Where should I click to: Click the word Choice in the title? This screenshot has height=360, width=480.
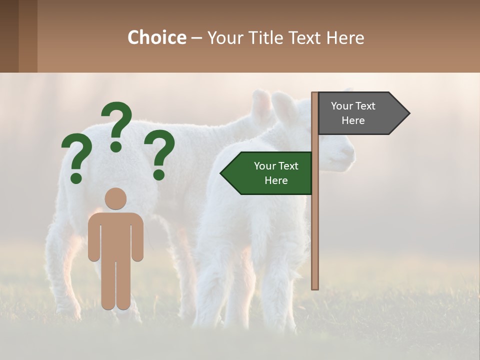[156, 38]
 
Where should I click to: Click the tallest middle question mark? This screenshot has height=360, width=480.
[117, 122]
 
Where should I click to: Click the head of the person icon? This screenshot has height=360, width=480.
[115, 198]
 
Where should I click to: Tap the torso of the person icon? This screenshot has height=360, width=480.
[115, 235]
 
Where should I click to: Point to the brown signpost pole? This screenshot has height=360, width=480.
[315, 225]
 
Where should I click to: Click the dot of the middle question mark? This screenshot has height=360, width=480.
[116, 146]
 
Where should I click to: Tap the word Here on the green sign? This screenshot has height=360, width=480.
[276, 180]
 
